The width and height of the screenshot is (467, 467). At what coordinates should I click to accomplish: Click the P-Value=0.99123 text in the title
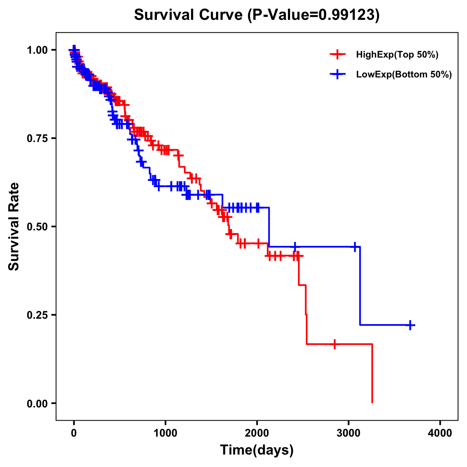click(x=313, y=15)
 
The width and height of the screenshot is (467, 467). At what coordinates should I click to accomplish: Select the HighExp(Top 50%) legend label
click(x=397, y=55)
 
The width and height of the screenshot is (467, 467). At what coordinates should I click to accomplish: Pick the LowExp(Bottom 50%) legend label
click(x=404, y=75)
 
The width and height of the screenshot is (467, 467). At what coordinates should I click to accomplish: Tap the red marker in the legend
click(x=338, y=55)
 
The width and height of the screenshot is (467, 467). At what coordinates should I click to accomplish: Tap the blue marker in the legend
click(x=338, y=75)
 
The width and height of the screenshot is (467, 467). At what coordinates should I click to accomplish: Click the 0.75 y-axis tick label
click(x=37, y=138)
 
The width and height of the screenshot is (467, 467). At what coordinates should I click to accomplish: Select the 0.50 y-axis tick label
click(x=37, y=226)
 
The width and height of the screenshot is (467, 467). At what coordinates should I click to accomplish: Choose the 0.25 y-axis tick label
click(x=37, y=315)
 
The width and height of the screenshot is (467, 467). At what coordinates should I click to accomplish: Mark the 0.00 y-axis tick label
click(x=37, y=403)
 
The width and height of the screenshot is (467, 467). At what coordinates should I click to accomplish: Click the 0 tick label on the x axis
click(x=74, y=433)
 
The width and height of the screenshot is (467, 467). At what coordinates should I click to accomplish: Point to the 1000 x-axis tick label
click(x=165, y=433)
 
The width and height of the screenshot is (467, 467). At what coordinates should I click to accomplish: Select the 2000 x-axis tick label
click(x=257, y=433)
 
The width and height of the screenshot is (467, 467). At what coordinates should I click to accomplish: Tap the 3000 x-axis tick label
click(x=349, y=433)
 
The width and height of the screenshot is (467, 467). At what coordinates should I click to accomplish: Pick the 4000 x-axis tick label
click(x=440, y=433)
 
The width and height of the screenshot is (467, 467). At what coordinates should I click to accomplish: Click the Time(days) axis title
click(x=257, y=450)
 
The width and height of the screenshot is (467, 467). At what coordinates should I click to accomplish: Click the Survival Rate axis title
click(x=14, y=226)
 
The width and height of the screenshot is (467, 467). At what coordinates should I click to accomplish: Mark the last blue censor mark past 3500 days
click(x=410, y=325)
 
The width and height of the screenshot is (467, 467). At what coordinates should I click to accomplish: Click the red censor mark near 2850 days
click(x=335, y=344)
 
